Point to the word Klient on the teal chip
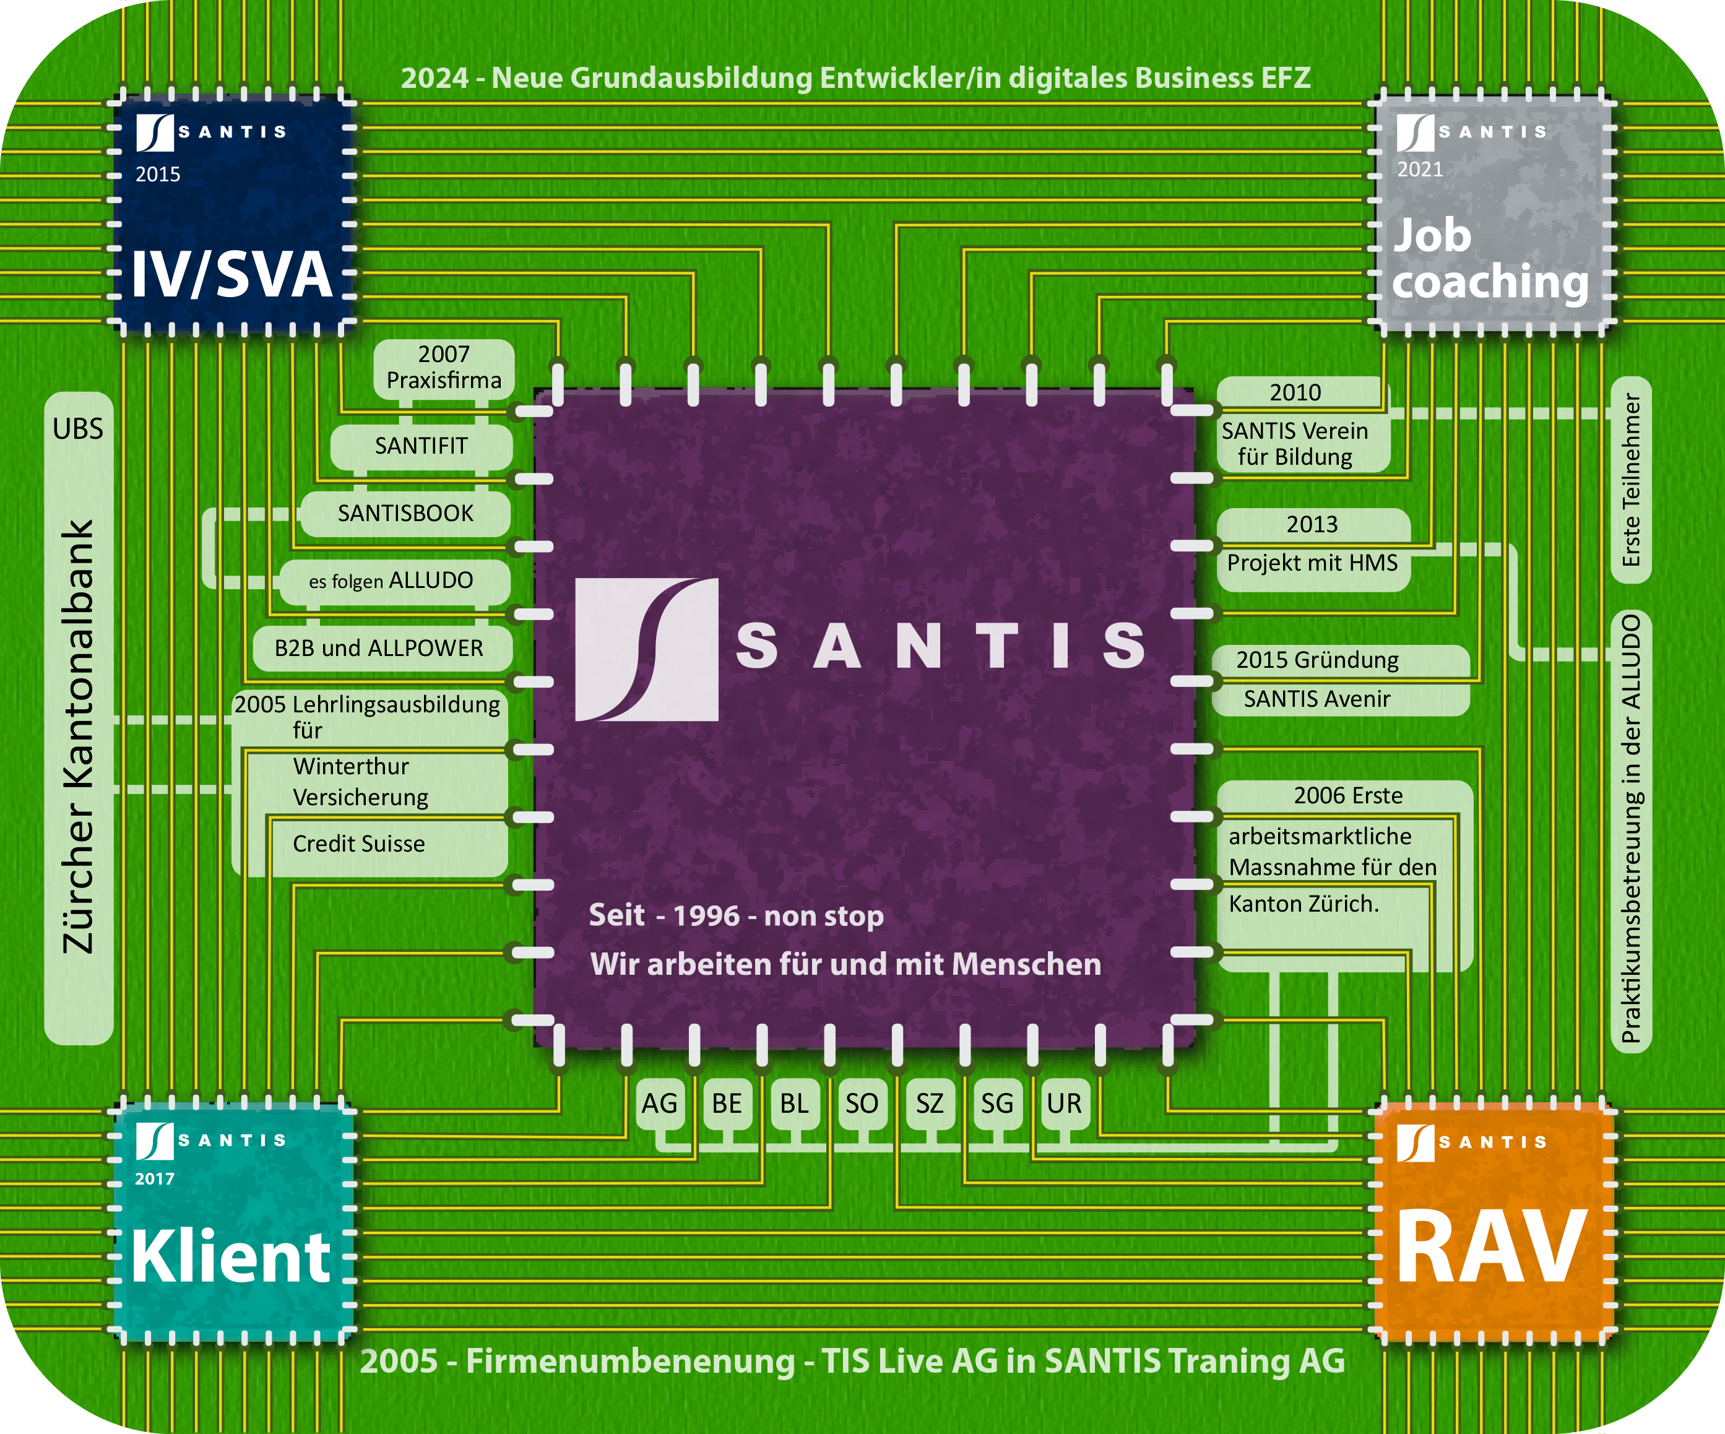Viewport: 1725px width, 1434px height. click(x=231, y=1256)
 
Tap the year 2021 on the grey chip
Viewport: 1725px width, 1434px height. click(x=1420, y=170)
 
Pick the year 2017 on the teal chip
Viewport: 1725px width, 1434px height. click(x=155, y=1178)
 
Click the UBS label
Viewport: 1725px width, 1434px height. click(x=78, y=429)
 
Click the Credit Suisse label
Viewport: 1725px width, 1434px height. click(x=359, y=844)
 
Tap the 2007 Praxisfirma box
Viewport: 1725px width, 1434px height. click(x=444, y=367)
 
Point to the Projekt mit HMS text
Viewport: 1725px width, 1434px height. click(x=1312, y=563)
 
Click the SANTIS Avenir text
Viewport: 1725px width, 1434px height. click(x=1316, y=699)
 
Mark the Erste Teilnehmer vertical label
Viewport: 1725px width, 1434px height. click(x=1630, y=480)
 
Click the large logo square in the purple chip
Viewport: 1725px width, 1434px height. click(x=646, y=650)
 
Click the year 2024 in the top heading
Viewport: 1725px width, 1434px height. click(x=434, y=78)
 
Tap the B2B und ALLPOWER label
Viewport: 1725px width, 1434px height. click(x=379, y=648)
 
